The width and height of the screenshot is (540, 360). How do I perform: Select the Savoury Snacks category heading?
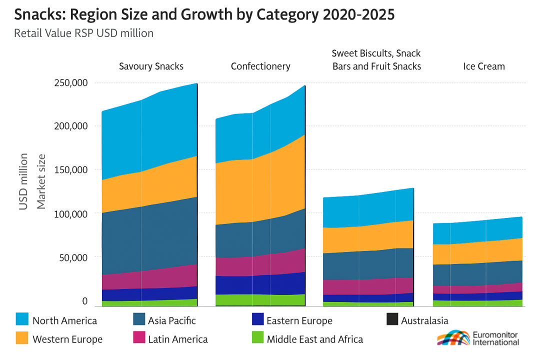tap(151, 66)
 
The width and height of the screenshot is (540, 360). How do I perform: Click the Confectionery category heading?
tap(260, 66)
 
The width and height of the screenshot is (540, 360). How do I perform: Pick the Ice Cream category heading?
tap(483, 66)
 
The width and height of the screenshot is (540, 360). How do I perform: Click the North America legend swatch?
tap(23, 320)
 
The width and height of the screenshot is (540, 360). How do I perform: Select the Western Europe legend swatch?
tap(23, 338)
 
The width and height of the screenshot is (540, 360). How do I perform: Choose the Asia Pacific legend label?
tap(171, 320)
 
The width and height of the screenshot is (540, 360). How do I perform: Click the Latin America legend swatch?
tap(139, 338)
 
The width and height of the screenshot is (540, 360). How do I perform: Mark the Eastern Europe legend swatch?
tap(257, 320)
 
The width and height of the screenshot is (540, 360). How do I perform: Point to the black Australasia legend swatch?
tap(392, 320)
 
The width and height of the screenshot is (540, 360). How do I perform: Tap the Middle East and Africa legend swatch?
tap(257, 338)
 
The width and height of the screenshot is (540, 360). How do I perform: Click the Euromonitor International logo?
tap(478, 338)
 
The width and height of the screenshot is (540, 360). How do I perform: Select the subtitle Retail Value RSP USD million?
tap(83, 33)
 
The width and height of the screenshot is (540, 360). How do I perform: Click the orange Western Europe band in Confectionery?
tap(260, 190)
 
